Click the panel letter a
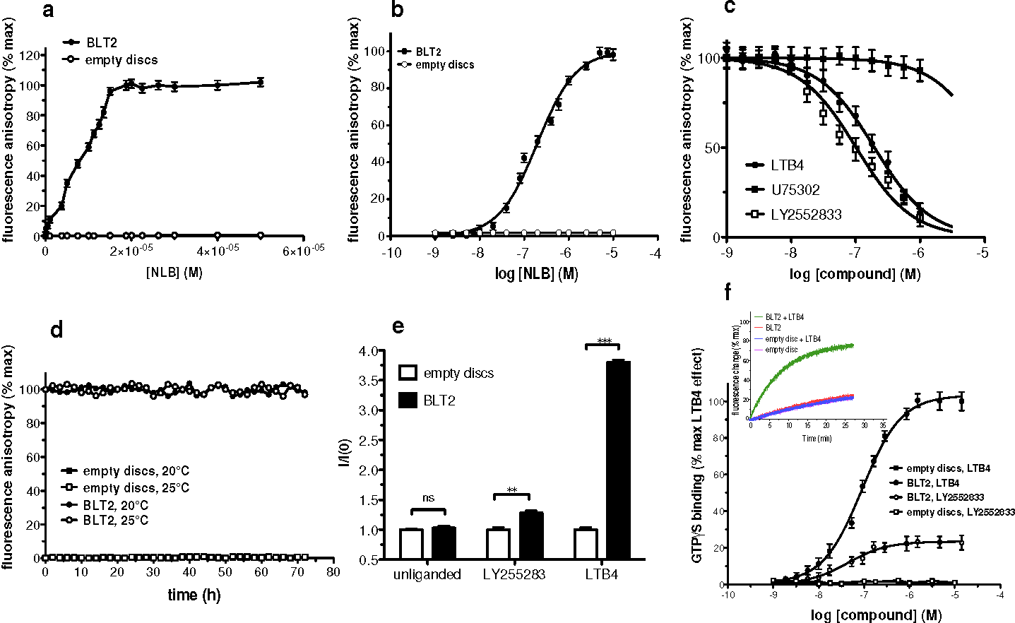pyautogui.click(x=49, y=11)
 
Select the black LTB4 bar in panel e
pyautogui.click(x=619, y=459)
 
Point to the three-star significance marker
pyautogui.click(x=604, y=341)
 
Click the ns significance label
pyautogui.click(x=428, y=498)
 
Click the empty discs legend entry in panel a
pyautogui.click(x=121, y=60)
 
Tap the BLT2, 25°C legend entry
pyautogui.click(x=116, y=521)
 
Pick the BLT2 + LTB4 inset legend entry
pyautogui.click(x=784, y=317)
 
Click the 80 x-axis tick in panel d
pyautogui.click(x=333, y=571)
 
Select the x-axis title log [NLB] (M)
pyautogui.click(x=537, y=273)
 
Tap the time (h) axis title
pyautogui.click(x=194, y=595)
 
